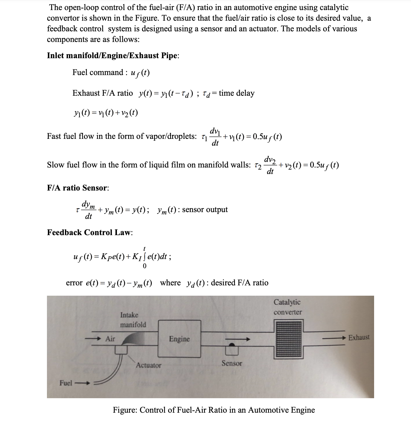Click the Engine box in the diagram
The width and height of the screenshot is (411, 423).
pyautogui.click(x=180, y=339)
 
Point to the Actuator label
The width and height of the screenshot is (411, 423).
pyautogui.click(x=149, y=365)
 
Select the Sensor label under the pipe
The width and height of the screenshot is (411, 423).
pyautogui.click(x=232, y=363)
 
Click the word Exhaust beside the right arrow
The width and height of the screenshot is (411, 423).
pyautogui.click(x=359, y=337)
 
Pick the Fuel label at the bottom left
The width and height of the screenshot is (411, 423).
pyautogui.click(x=66, y=383)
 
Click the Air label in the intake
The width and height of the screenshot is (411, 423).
pyautogui.click(x=110, y=339)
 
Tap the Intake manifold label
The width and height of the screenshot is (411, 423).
pyautogui.click(x=133, y=320)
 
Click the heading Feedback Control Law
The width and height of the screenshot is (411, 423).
pyautogui.click(x=90, y=232)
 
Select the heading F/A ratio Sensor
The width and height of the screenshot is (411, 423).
pyautogui.click(x=78, y=188)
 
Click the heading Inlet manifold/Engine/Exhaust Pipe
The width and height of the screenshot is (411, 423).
pyautogui.click(x=113, y=56)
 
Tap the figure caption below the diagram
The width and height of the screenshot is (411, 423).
pyautogui.click(x=214, y=410)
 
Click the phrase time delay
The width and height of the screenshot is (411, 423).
pyautogui.click(x=237, y=93)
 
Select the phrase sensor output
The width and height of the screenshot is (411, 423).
pyautogui.click(x=205, y=209)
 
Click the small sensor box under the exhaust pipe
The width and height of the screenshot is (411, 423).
pyautogui.click(x=232, y=350)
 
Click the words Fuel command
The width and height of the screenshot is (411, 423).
pyautogui.click(x=98, y=72)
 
